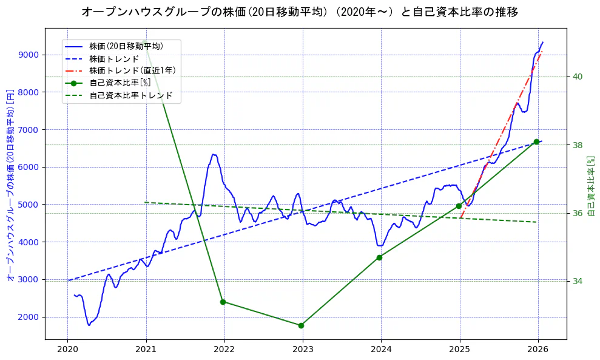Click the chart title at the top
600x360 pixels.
(300, 12)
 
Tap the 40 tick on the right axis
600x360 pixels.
(577, 76)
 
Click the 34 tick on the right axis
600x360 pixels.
(577, 281)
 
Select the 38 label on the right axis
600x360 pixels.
(577, 144)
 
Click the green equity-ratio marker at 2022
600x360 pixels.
(223, 302)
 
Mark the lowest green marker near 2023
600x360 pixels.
(301, 325)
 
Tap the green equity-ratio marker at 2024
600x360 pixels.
(379, 257)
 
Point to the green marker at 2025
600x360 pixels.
(459, 206)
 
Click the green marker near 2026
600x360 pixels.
(536, 141)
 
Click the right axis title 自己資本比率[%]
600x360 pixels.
(592, 186)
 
